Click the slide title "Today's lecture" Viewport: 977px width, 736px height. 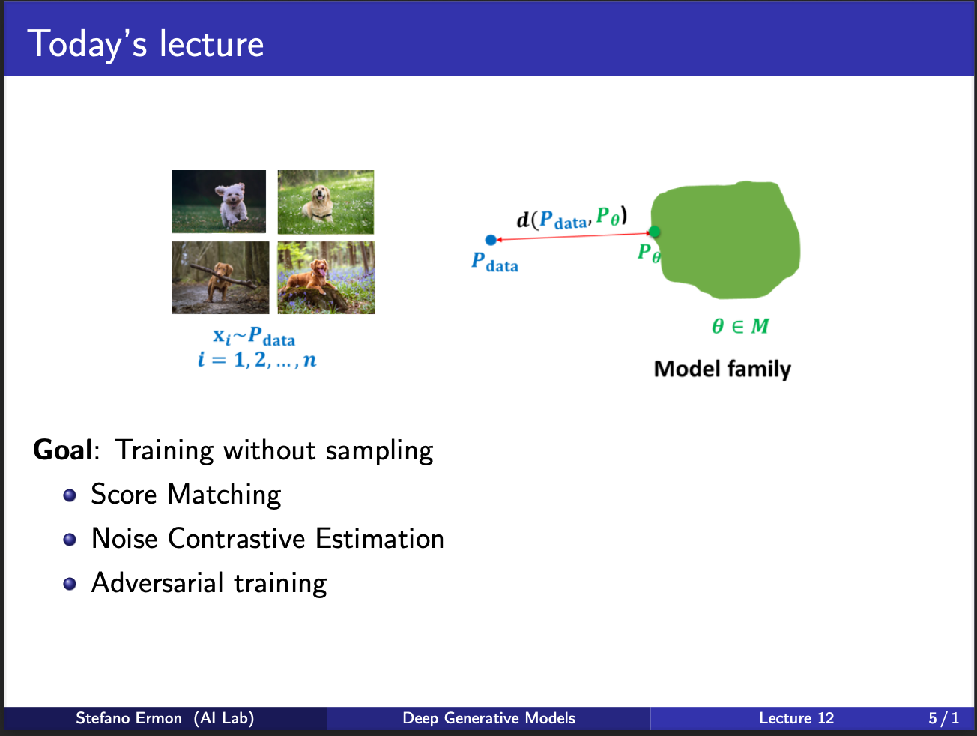click(x=145, y=44)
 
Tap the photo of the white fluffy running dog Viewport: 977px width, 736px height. click(x=219, y=202)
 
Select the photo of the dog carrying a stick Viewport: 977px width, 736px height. click(x=220, y=277)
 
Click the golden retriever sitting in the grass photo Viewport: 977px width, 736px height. click(x=326, y=202)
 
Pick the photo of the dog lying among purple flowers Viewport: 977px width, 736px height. click(x=326, y=277)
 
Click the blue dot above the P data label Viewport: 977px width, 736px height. click(x=491, y=240)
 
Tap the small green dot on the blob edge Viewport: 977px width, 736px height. click(x=654, y=232)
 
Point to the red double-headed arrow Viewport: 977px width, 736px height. click(x=573, y=236)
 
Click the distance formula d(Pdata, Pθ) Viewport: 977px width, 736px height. click(x=572, y=218)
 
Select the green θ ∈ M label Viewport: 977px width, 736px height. click(x=740, y=326)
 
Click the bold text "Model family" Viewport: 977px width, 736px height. click(x=722, y=369)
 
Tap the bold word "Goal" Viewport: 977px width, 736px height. click(x=63, y=450)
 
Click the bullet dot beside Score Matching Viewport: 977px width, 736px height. click(x=70, y=495)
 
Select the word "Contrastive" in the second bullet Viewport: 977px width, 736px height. click(x=236, y=538)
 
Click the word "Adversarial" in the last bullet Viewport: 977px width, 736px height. click(x=157, y=582)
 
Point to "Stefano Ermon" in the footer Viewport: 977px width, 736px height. click(x=129, y=718)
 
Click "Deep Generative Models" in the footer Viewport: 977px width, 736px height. click(x=488, y=718)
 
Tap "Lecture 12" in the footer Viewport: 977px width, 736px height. click(x=796, y=718)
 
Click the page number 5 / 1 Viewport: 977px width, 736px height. click(x=943, y=718)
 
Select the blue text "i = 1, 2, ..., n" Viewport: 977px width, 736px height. click(x=257, y=359)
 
